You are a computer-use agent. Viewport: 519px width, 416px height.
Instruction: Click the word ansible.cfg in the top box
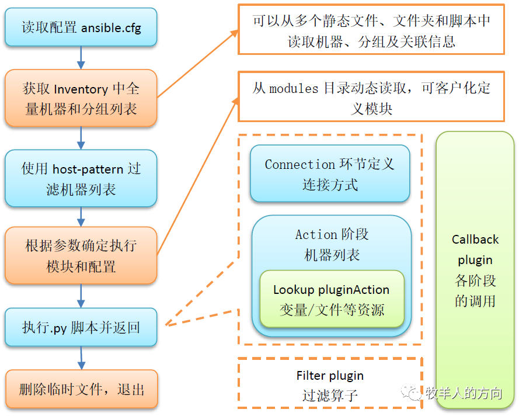click(111, 28)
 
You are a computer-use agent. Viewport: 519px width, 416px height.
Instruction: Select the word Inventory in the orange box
click(81, 89)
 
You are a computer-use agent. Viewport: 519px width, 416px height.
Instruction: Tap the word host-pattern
click(88, 169)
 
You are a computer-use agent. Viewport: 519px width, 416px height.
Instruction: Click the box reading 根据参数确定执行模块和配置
click(81, 255)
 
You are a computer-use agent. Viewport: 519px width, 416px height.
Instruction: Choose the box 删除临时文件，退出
click(82, 389)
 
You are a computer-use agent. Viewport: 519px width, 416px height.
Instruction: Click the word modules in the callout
click(294, 89)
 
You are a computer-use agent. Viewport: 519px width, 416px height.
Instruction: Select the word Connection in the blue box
click(300, 165)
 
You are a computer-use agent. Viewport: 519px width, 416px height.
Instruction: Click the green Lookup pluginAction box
click(332, 299)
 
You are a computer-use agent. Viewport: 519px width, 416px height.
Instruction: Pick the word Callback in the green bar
click(475, 240)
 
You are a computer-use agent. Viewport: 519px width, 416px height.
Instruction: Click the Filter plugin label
click(330, 376)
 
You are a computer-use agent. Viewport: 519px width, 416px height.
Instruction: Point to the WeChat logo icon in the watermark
click(412, 392)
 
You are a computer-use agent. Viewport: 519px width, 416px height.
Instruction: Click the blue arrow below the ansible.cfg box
click(81, 58)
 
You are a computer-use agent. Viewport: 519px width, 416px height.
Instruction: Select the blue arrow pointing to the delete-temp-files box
click(81, 358)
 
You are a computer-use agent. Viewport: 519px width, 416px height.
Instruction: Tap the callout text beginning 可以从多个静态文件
click(371, 31)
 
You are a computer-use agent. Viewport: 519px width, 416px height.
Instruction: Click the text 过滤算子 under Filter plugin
click(330, 396)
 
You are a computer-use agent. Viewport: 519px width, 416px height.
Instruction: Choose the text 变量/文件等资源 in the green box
click(332, 310)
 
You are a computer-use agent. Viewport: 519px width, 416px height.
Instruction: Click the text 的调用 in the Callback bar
click(475, 301)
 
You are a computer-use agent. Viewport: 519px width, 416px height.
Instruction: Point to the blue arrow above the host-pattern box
click(81, 138)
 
